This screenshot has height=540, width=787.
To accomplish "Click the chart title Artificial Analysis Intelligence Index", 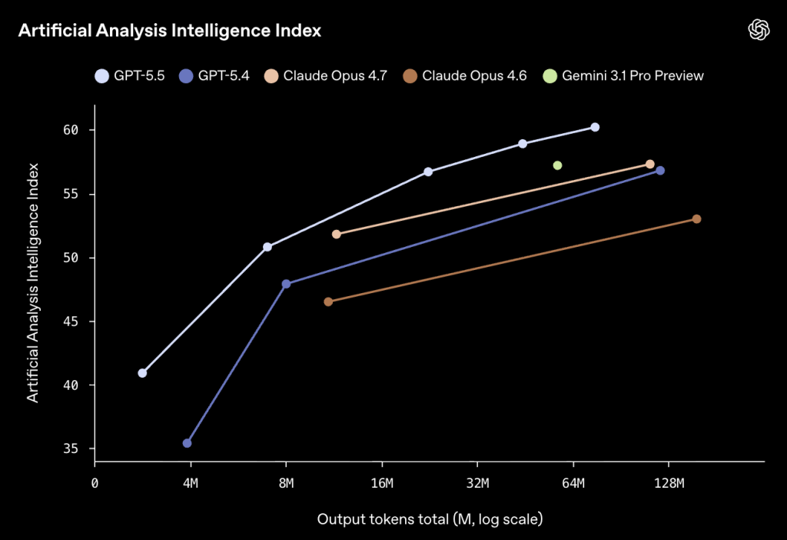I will [169, 31].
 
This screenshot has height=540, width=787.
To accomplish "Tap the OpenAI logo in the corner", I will [759, 30].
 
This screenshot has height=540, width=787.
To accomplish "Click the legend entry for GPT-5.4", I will [214, 75].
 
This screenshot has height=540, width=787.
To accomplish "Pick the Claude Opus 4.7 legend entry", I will [326, 75].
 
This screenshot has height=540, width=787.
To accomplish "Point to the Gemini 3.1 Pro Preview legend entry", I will [623, 75].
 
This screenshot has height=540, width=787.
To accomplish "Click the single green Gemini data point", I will [557, 165].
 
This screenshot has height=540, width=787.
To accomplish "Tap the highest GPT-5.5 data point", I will [595, 127].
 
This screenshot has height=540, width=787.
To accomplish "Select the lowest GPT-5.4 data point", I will [187, 443].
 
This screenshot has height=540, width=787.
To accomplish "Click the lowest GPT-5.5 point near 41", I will [142, 373].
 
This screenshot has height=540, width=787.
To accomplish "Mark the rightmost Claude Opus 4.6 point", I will [696, 219].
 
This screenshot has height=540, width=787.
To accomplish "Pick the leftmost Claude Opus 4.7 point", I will [336, 234].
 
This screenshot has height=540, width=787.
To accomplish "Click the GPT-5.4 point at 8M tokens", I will [286, 284].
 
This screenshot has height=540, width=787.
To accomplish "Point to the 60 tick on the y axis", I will [71, 130].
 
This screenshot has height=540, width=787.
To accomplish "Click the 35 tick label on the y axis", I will [71, 448].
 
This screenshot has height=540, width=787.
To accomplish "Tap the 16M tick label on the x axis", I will [381, 483].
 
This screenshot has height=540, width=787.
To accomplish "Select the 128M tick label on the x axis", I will [668, 483].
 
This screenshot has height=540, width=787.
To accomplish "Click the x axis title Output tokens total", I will [430, 519].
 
